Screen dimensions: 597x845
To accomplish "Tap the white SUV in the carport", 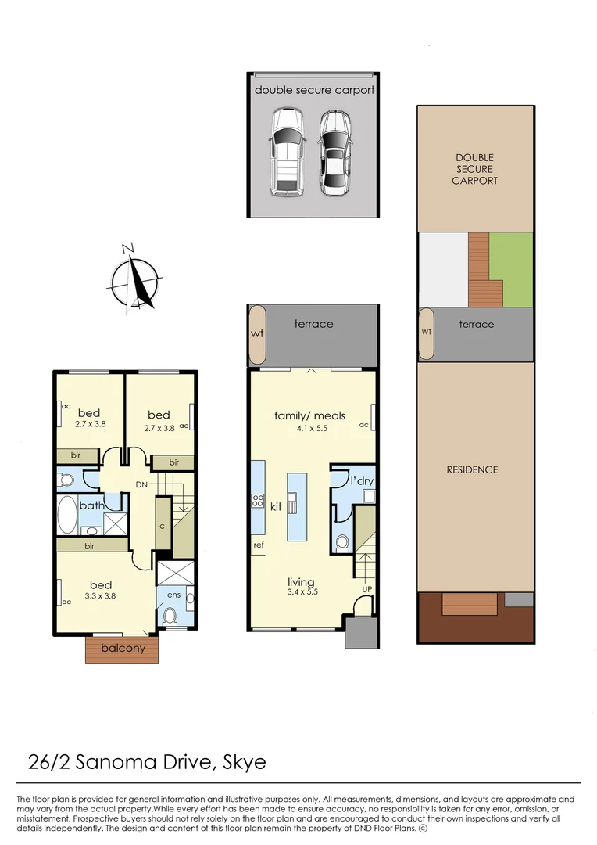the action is pos(288,153).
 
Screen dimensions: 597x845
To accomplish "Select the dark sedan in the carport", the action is pos(335,153).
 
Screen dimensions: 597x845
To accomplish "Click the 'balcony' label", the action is pos(123,648).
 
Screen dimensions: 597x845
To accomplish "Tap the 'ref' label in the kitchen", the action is pos(259,545).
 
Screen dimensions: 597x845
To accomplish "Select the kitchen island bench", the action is pos(297,506).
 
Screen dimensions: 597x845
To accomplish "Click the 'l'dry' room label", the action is pos(362,480).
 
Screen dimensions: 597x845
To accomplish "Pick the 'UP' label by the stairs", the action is pos(367,589).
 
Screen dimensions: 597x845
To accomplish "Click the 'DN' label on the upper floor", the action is pos(141,484).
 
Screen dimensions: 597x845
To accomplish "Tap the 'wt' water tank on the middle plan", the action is pos(257,334).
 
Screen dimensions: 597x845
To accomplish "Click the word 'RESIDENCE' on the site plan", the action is pos(472,470).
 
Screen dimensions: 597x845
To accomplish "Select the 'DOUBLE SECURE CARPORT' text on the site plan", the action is pos(475,169).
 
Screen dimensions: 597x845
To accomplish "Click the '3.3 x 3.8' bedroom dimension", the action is pos(100,596).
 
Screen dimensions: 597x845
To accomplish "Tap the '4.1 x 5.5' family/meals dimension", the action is pos(312,429).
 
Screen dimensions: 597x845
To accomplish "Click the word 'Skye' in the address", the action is pos(245,763).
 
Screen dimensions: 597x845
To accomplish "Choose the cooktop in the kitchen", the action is pos(258,501).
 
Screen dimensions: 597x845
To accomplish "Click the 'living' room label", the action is pos(301,582).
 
